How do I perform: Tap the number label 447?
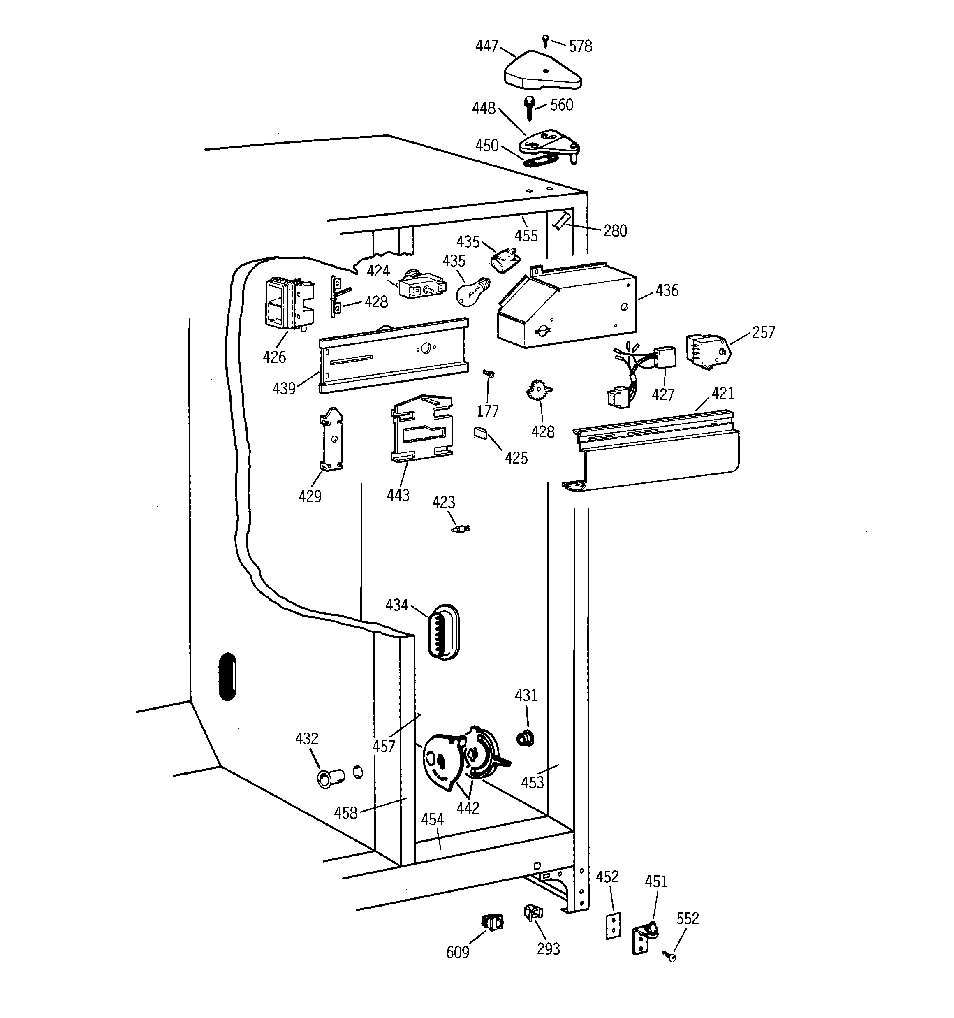pos(486,46)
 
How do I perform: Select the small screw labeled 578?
pos(546,39)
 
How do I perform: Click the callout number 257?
pos(763,333)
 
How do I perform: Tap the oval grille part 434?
pos(443,631)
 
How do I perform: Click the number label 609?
pos(457,953)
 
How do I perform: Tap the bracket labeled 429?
pos(331,439)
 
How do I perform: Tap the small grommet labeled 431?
pos(525,738)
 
